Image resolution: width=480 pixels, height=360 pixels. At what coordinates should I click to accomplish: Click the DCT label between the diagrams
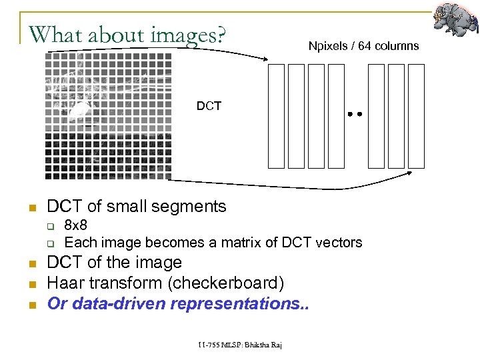pos(208,106)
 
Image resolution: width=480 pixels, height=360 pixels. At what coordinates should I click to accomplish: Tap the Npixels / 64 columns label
pos(363,46)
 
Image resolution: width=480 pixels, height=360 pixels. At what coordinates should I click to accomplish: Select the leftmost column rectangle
pos(276,116)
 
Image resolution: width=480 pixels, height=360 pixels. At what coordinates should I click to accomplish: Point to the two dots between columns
pos(355,114)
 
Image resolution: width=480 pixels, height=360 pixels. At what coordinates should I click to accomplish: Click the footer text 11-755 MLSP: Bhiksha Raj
pos(239,343)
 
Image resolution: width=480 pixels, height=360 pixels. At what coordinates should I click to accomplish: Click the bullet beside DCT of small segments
pos(31,209)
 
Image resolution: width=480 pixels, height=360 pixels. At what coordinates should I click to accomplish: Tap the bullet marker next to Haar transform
pos(31,285)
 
